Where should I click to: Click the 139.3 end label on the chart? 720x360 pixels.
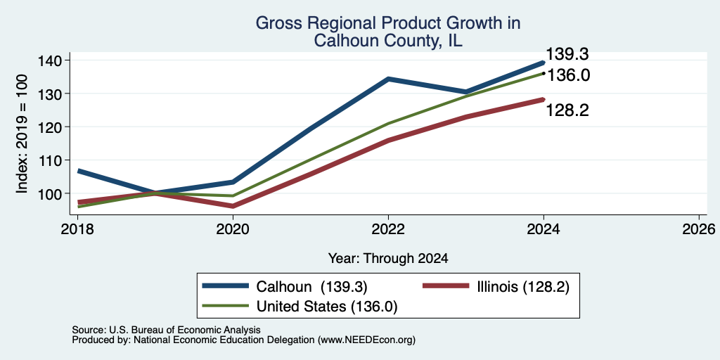[x=567, y=54]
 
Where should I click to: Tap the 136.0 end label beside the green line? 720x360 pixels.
[x=568, y=75]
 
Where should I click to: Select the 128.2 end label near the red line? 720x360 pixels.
[x=567, y=110]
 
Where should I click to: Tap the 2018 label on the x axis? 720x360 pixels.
[x=77, y=229]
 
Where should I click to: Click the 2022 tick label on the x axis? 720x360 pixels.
[x=388, y=229]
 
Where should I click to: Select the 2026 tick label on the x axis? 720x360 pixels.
[x=699, y=229]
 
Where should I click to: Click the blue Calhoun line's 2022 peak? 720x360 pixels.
[x=388, y=79]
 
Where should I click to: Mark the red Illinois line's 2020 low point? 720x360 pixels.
[x=233, y=206]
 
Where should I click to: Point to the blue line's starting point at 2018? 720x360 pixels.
[x=79, y=171]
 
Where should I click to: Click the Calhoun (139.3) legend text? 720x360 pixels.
[x=311, y=287]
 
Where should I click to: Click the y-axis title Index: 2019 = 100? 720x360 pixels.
[x=22, y=134]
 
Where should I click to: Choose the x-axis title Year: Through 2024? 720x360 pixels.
[x=388, y=259]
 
